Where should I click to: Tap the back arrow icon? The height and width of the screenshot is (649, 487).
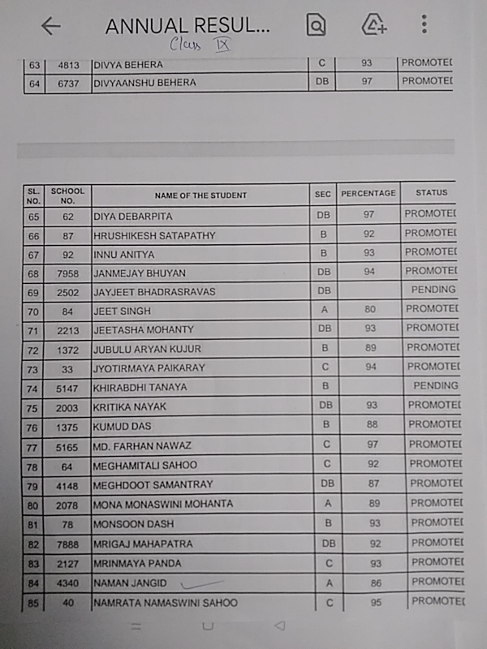tap(51, 26)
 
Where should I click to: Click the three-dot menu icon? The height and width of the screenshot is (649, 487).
tap(424, 24)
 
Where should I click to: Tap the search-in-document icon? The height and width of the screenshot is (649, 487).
tap(316, 25)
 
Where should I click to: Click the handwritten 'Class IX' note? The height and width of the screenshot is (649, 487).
tap(200, 45)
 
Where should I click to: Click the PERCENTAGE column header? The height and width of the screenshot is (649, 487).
tap(368, 194)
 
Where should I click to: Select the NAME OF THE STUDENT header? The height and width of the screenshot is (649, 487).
tap(200, 196)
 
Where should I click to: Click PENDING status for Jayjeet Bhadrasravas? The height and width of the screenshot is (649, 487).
tap(433, 290)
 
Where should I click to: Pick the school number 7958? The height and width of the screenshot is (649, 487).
tap(68, 273)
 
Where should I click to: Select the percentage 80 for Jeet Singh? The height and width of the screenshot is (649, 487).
tap(369, 309)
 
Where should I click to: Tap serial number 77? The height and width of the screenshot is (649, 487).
tap(33, 446)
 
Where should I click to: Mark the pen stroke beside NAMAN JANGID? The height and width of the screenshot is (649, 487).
tap(202, 581)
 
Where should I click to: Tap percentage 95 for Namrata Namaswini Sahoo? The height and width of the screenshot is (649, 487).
tap(374, 603)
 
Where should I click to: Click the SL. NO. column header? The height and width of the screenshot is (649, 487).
tap(33, 196)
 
